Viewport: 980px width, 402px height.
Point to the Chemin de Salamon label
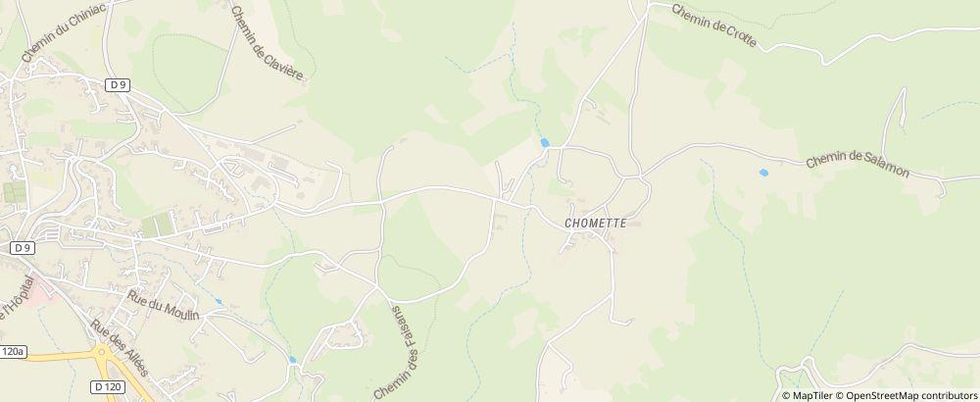click(x=858, y=165)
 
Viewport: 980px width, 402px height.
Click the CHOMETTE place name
click(x=596, y=223)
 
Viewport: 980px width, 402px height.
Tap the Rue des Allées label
click(x=118, y=348)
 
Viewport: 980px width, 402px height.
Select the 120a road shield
click(x=12, y=350)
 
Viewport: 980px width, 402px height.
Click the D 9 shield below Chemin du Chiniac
click(x=119, y=85)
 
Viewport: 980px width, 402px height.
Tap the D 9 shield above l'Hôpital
click(x=23, y=249)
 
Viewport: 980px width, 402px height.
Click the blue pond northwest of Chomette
click(x=544, y=143)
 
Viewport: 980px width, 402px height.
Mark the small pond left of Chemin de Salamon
click(x=762, y=173)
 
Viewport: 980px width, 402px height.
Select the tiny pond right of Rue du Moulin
click(x=219, y=302)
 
